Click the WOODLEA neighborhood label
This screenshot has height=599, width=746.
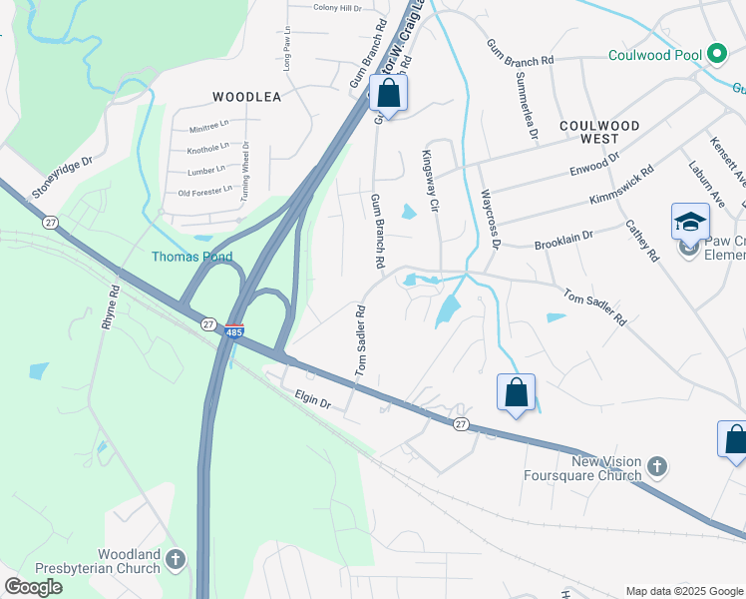pos(246,97)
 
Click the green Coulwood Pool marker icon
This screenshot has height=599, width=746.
pos(716,54)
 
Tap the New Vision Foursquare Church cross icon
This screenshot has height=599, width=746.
pos(656,466)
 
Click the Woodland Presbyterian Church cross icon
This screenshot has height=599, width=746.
pos(176,560)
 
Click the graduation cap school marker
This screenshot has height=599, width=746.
pos(690,223)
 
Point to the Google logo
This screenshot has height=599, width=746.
pos(33,587)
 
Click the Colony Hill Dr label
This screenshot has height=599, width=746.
pos(337,8)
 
